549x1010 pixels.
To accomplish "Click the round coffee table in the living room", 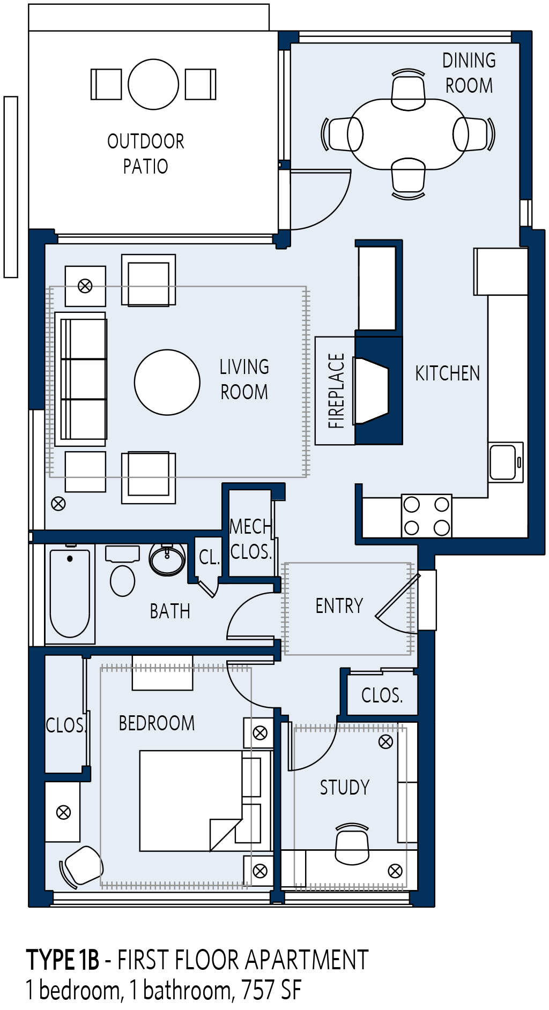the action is (x=167, y=383).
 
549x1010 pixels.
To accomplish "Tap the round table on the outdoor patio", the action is (x=153, y=84).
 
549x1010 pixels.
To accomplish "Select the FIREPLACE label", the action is (x=336, y=391).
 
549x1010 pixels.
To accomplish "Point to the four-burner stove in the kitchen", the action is (x=427, y=516).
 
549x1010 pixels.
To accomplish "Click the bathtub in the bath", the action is (x=70, y=594).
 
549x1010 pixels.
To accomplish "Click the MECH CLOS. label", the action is (x=250, y=539).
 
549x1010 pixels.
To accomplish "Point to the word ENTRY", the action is (x=339, y=606).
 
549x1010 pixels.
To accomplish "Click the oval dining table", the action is (x=409, y=134).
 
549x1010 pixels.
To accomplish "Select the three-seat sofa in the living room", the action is (x=81, y=379).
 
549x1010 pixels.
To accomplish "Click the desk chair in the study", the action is (x=352, y=843).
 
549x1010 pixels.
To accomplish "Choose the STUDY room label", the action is (x=345, y=788).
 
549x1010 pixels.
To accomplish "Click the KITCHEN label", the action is (x=448, y=373).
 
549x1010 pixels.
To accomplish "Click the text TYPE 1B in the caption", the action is (x=63, y=960).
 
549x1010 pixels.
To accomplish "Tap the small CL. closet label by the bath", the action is (x=210, y=558).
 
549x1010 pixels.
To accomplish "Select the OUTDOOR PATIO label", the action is (x=146, y=154).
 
